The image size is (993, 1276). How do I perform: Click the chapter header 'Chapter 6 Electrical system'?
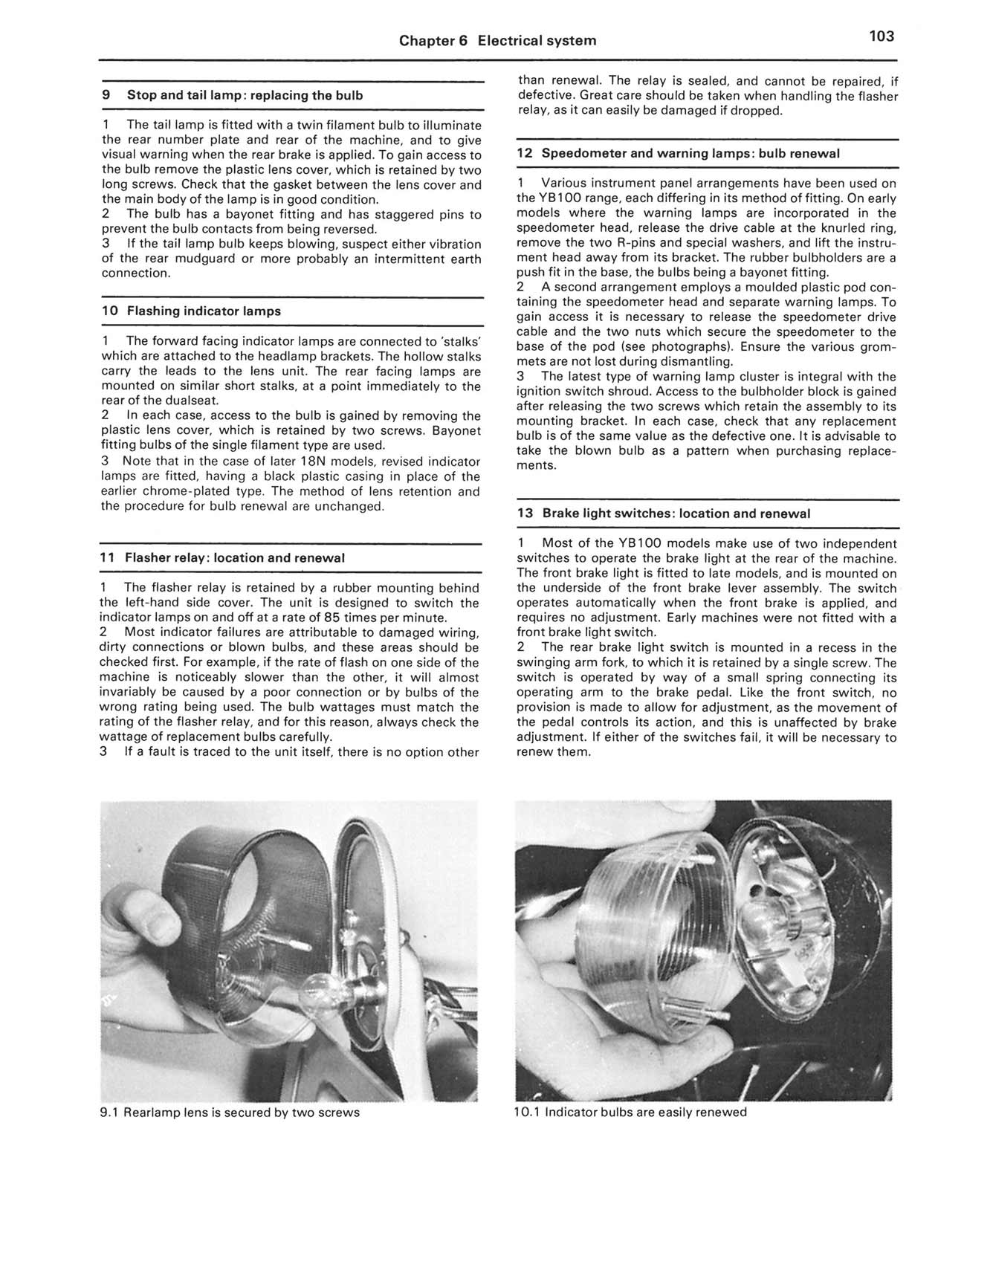coord(497,40)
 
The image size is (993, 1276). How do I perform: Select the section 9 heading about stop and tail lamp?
coord(233,95)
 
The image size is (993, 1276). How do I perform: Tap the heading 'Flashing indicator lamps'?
coord(191,311)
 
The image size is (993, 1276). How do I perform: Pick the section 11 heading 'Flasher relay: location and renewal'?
coord(222,557)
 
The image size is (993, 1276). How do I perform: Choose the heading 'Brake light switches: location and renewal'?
coord(664,514)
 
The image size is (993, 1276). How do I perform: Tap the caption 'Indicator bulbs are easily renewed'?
coord(630,1113)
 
